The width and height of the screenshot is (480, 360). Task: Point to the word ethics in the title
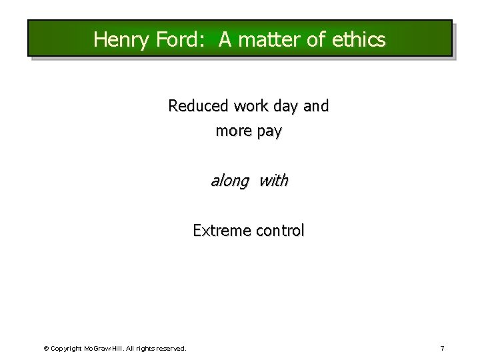358,40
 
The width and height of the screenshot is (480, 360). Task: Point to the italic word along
230,181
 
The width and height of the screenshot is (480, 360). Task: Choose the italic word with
273,181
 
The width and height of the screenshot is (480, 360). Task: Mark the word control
277,231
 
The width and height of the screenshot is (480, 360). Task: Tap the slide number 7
442,348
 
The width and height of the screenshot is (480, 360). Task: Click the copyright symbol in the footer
46,349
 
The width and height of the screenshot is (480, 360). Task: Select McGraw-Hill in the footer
101,349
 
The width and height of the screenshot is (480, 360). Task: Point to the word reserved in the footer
169,349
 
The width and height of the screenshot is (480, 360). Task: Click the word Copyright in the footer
66,349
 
